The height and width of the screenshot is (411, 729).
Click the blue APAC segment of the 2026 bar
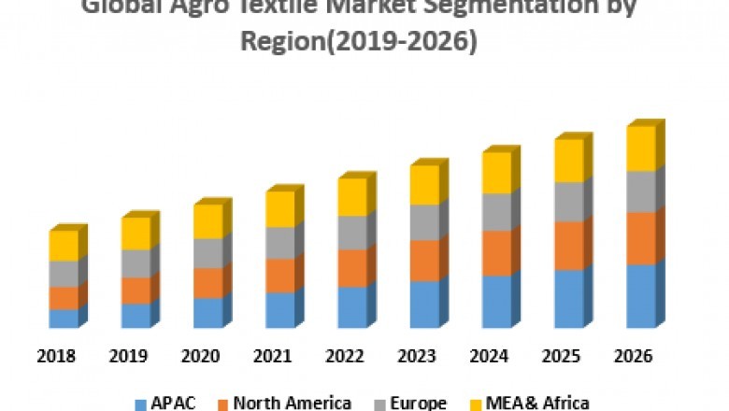640,296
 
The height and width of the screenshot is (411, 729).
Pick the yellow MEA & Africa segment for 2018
63,246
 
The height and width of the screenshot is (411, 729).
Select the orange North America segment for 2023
424,261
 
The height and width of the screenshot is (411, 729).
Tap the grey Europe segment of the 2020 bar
207,253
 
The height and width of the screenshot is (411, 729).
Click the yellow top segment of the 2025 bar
568,161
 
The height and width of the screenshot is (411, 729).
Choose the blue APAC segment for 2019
136,316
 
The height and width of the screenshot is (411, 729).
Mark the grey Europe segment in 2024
496,212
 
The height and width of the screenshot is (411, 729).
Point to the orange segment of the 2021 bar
279,276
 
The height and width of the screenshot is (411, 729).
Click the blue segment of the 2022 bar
351,307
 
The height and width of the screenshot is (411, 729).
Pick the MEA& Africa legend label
536,403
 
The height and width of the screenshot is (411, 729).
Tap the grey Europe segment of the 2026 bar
640,191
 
